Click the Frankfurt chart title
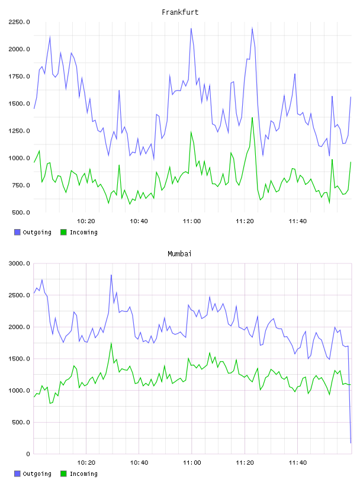[180, 12]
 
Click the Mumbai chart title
[179, 254]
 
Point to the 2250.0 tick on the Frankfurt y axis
[19, 22]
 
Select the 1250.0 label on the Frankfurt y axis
[19, 131]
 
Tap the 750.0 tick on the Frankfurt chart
[21, 185]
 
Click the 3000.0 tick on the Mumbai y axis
[19, 263]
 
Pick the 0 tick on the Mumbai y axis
[28, 454]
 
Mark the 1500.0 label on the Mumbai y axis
[19, 359]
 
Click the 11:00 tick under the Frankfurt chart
[192, 221]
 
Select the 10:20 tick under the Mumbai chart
[86, 463]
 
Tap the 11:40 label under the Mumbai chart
[298, 463]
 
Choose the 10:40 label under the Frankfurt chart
[139, 221]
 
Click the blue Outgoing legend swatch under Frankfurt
[17, 232]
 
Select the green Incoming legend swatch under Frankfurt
[63, 232]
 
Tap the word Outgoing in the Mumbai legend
[37, 474]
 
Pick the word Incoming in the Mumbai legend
[83, 474]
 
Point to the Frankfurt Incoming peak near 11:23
[252, 117]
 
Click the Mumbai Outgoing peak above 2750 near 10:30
[111, 275]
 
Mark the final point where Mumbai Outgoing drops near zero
[351, 443]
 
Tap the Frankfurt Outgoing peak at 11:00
[191, 28]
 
